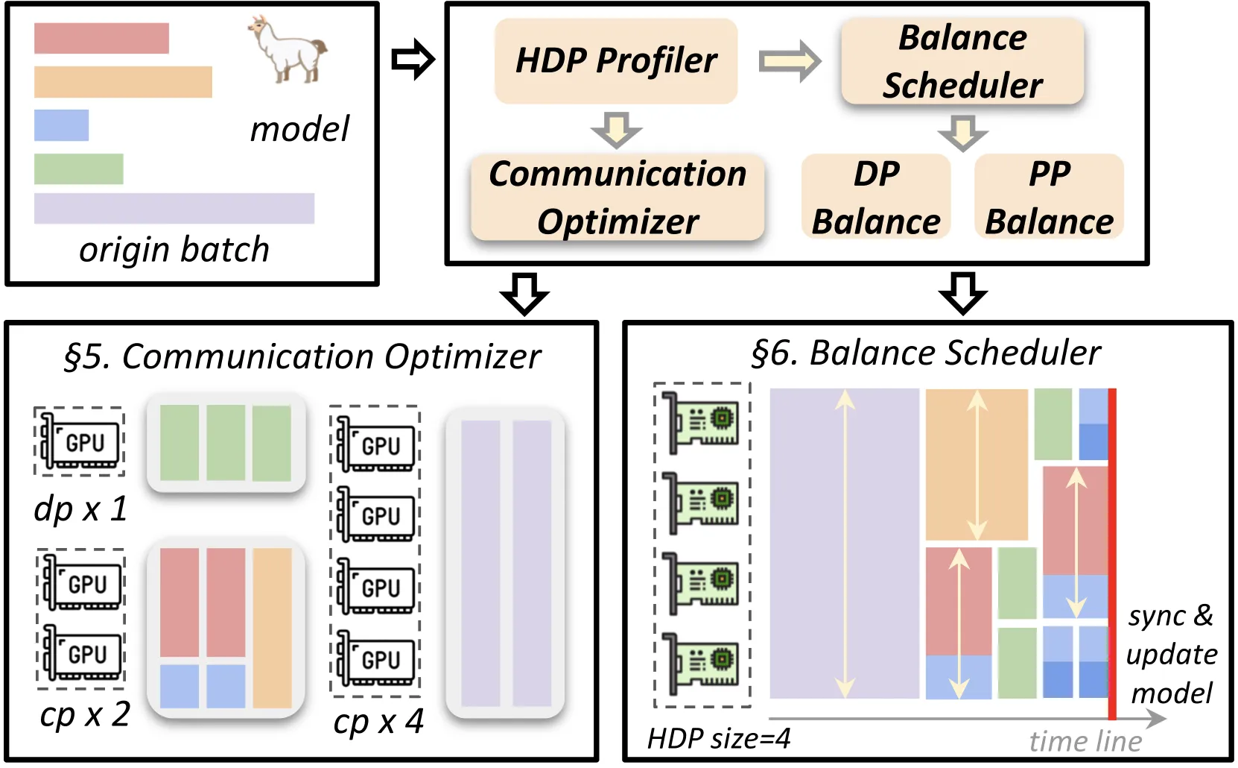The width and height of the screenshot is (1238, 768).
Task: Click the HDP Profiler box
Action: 616,61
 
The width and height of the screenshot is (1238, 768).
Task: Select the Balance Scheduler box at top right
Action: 962,61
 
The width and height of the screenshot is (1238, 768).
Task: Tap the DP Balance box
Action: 876,197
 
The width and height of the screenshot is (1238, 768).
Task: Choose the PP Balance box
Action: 1049,197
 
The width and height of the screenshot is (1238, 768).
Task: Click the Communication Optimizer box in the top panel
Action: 618,197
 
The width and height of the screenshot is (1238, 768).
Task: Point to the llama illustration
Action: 288,50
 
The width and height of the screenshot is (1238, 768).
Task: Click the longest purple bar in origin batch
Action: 174,209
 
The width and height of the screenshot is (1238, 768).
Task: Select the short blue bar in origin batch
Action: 61,125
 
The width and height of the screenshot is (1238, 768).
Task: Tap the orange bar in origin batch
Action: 123,82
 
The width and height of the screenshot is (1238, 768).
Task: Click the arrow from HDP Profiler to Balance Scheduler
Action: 790,61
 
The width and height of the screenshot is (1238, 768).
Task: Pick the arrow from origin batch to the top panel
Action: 413,59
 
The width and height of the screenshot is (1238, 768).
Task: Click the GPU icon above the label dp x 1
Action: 80,441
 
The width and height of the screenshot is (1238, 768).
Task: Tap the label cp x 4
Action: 378,722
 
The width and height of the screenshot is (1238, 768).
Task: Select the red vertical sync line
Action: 1112,554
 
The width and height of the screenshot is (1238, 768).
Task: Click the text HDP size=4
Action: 719,738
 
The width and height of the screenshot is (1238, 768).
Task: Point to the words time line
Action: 1085,741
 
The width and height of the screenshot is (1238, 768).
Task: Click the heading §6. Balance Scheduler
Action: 926,353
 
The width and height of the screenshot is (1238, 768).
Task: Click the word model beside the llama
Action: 299,129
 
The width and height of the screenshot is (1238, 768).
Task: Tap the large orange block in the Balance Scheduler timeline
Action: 977,465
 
